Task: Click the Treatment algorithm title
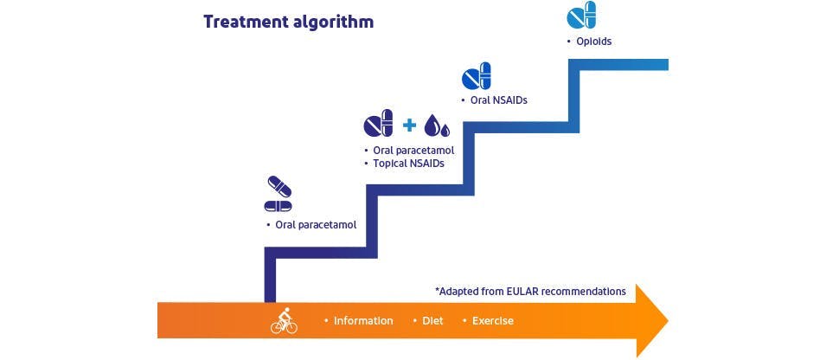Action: (288, 22)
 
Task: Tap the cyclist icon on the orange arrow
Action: (284, 321)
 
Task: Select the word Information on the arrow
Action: (363, 321)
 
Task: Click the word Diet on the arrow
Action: (432, 321)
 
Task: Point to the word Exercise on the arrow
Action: (492, 321)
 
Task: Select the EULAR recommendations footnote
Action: (530, 291)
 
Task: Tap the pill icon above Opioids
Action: (581, 16)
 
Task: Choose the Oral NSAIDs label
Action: (498, 100)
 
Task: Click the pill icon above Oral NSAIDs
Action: (476, 76)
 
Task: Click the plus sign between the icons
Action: (410, 125)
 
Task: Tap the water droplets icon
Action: (437, 126)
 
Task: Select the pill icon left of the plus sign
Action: (378, 125)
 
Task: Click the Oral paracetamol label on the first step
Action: (316, 225)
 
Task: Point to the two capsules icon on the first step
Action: (278, 195)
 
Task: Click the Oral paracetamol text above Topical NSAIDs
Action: (413, 151)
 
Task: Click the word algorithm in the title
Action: (334, 22)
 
